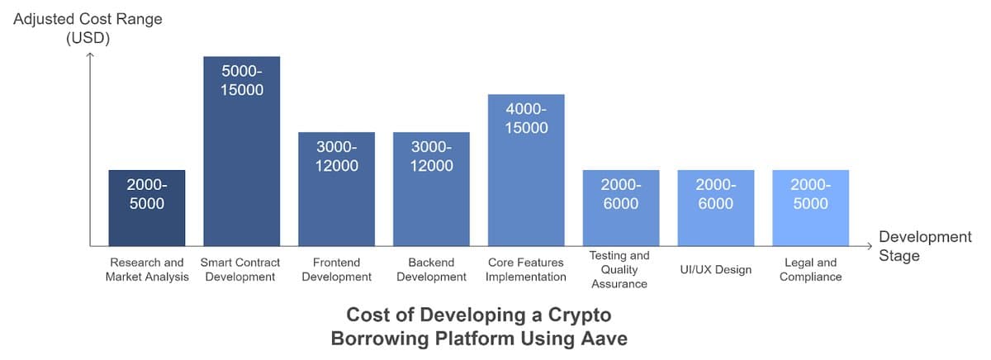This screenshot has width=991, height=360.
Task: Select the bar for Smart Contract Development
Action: tap(242, 165)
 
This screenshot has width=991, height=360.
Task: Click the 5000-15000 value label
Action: tap(242, 81)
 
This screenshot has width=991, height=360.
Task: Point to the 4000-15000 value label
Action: tap(526, 119)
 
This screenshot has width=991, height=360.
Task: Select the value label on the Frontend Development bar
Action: tap(337, 157)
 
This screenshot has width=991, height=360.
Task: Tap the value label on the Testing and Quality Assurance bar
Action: tap(621, 195)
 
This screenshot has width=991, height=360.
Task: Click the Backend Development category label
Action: tap(432, 270)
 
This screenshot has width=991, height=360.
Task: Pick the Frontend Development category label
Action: tap(337, 270)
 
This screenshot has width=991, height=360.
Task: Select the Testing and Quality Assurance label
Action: tap(621, 270)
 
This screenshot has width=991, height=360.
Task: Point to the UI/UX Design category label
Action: tap(715, 270)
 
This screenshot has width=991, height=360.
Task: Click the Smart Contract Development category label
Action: tap(242, 270)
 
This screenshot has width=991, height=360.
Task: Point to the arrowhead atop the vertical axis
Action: tap(90, 55)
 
